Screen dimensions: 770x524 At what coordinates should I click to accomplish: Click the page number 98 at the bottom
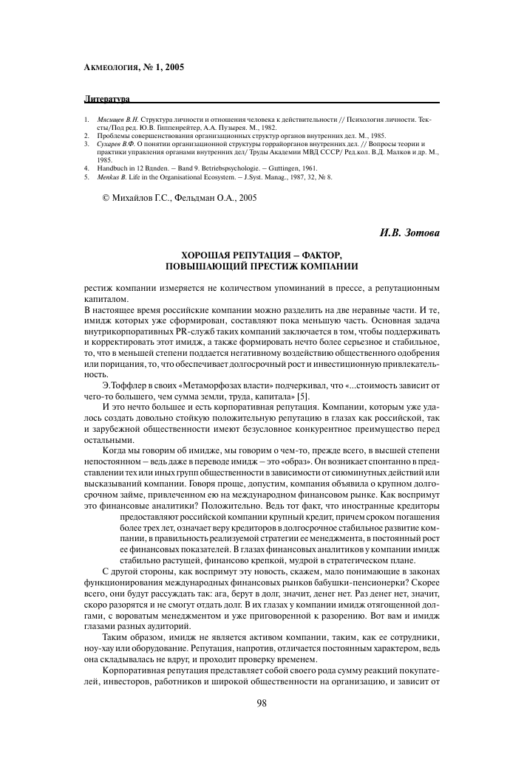(x=261, y=702)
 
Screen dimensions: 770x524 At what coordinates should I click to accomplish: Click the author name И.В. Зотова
(x=410, y=234)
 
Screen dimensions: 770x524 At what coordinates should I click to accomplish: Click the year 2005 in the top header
(x=174, y=66)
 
